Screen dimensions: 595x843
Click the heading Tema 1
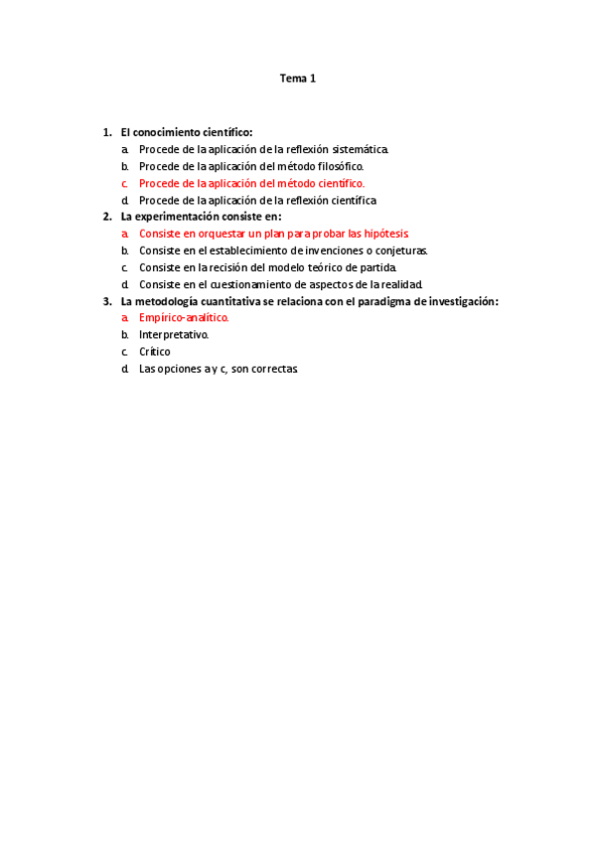point(297,79)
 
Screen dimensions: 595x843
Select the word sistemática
point(359,149)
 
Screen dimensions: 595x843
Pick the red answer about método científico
point(251,183)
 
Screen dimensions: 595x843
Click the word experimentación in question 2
point(183,217)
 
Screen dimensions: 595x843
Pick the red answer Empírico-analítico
point(184,318)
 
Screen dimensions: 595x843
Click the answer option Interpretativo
point(174,335)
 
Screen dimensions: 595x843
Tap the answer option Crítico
point(155,352)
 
